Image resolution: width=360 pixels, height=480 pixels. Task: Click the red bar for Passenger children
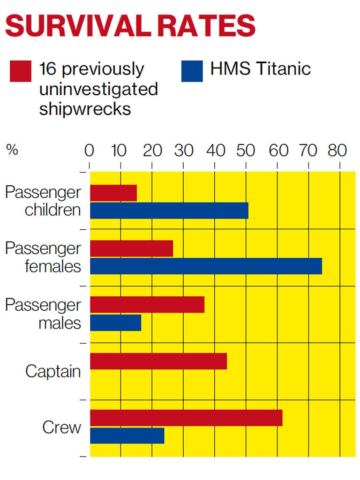(x=113, y=193)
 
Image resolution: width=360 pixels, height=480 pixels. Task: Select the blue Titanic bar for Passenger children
(x=169, y=211)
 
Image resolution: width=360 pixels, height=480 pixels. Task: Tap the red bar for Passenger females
(x=131, y=248)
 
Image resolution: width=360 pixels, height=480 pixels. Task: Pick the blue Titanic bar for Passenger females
(x=206, y=266)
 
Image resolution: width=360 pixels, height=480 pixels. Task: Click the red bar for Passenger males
(x=147, y=305)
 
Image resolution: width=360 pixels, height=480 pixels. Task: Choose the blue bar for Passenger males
(x=115, y=323)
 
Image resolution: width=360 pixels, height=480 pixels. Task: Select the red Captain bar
(x=158, y=361)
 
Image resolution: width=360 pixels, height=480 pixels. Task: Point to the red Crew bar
(x=186, y=418)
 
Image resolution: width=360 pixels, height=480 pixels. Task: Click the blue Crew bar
(x=127, y=436)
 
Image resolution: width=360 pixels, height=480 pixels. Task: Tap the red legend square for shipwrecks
(x=21, y=71)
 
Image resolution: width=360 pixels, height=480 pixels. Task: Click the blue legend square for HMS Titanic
(x=192, y=71)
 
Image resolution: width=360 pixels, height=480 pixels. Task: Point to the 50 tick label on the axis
(x=246, y=150)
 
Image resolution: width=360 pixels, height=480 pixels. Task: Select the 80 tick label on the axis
(x=337, y=150)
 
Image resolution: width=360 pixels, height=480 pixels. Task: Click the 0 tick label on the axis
(x=89, y=150)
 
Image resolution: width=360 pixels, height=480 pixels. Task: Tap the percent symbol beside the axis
(x=12, y=150)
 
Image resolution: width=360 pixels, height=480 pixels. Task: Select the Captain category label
(x=53, y=371)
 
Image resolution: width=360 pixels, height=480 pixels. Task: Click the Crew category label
(x=61, y=427)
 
